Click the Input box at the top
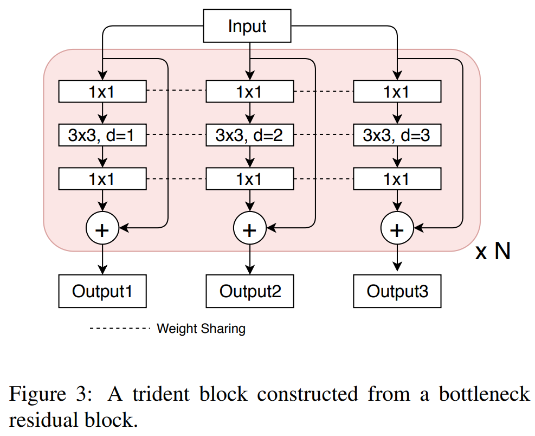247,27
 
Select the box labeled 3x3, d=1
102,135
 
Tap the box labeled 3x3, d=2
249,135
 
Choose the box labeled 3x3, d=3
397,135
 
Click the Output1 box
102,291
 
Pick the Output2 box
249,291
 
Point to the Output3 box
397,291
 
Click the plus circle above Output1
102,230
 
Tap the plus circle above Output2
249,230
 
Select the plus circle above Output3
397,230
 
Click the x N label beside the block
493,252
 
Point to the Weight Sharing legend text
201,329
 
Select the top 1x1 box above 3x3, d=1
102,92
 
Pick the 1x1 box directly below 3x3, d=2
249,178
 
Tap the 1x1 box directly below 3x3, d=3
397,178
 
